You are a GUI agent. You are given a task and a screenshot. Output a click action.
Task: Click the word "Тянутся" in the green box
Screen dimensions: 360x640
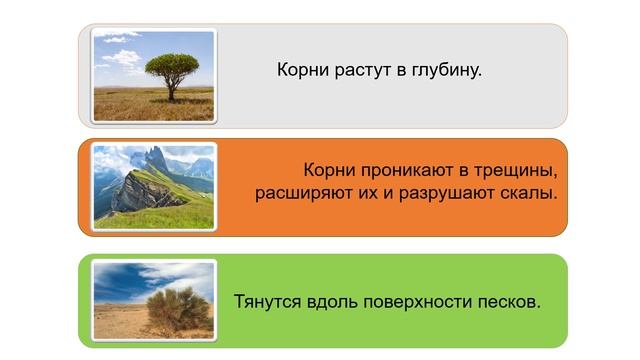click(266, 301)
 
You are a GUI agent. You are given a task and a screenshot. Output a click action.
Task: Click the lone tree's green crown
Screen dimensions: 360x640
click(171, 66)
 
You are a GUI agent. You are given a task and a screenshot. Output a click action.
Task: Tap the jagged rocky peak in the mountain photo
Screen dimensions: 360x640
click(155, 160)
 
